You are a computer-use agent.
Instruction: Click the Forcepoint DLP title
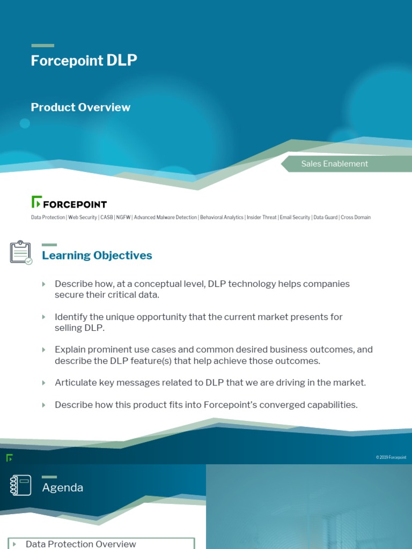pos(84,61)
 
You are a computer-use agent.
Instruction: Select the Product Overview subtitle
pos(80,107)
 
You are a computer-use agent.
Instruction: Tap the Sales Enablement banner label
pos(334,164)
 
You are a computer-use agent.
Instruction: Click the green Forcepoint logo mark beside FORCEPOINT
pos(36,202)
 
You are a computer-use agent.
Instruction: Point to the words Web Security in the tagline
pos(83,218)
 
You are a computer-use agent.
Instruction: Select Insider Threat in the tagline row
pos(261,218)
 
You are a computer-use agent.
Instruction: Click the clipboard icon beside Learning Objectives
pos(21,252)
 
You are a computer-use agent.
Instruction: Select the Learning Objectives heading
pos(97,256)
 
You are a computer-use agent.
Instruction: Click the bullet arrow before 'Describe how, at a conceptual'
pos(44,284)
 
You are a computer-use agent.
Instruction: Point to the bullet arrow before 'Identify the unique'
pos(44,317)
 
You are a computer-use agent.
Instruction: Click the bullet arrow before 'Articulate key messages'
pos(44,383)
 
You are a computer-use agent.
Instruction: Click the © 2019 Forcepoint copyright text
pos(391,457)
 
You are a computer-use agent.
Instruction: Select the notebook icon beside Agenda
pos(20,485)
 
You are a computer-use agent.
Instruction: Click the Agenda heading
pos(63,488)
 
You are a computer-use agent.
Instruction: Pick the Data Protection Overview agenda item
pos(80,544)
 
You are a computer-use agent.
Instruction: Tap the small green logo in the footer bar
pos(9,457)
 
